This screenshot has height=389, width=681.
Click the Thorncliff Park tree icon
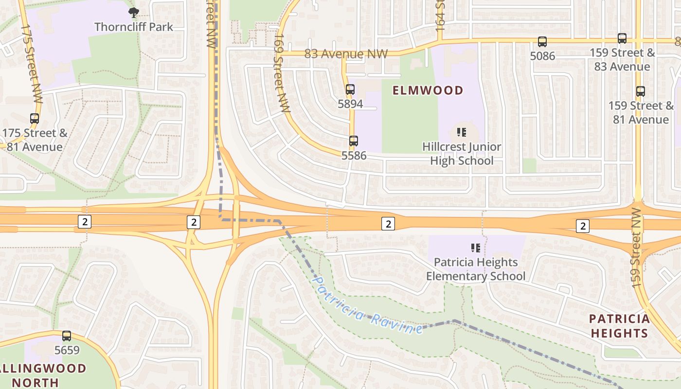(133, 13)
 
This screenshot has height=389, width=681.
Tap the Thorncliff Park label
(134, 27)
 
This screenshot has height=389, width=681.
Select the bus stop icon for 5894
(350, 89)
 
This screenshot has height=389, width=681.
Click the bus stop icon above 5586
(354, 141)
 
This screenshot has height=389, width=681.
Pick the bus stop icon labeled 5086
(542, 42)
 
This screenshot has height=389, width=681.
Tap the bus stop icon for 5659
(67, 336)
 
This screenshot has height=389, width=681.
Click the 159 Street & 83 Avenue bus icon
(622, 38)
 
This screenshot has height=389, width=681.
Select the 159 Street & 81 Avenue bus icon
(641, 91)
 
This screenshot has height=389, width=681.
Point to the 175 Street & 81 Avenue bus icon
(35, 119)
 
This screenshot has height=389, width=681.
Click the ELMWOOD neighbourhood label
(428, 90)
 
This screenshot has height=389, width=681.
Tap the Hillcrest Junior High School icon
(462, 132)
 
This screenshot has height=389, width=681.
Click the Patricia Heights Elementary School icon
(476, 248)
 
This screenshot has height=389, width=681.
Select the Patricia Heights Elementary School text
(476, 269)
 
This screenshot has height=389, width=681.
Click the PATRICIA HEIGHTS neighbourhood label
(619, 326)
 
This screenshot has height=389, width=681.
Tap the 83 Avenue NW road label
(346, 53)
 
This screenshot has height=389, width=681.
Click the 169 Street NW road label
(281, 73)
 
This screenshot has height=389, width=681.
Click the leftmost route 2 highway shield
(85, 222)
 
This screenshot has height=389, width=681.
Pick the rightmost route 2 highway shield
(583, 226)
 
